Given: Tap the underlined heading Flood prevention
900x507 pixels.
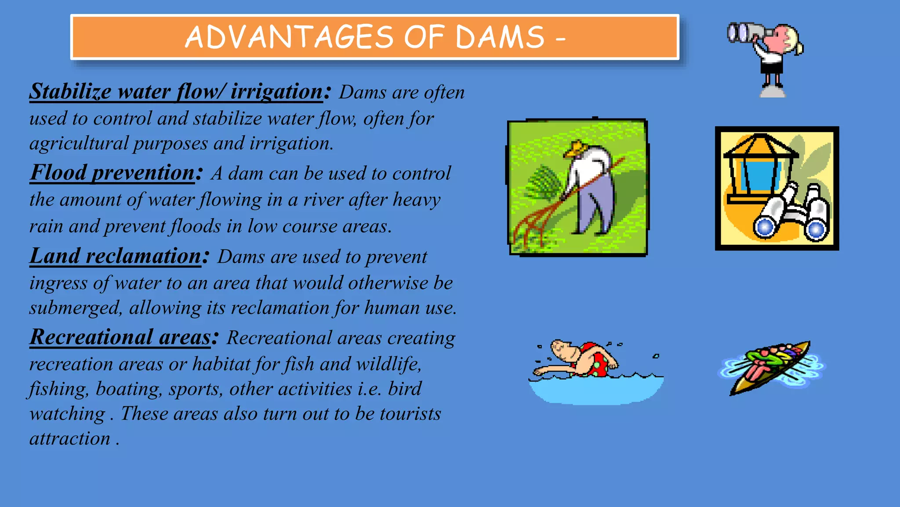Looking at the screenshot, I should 112,173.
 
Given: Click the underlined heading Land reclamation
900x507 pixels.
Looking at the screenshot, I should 115,256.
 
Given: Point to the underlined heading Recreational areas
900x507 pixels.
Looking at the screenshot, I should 120,338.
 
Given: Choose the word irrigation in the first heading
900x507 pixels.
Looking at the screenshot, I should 277,92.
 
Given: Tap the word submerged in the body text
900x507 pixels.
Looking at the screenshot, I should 75,308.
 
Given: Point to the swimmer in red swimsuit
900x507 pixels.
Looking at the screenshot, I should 584,359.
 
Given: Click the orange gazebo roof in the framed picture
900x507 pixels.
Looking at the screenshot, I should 761,147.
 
